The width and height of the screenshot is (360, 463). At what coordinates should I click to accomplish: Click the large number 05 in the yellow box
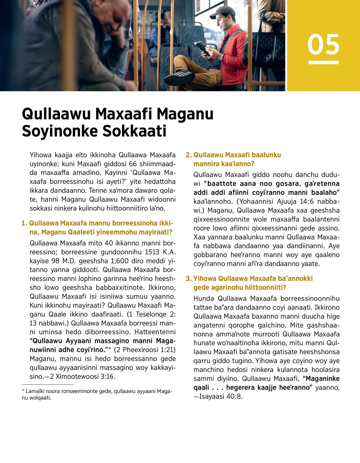pyautogui.click(x=323, y=44)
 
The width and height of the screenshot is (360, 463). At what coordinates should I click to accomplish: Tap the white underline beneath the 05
pyautogui.click(x=323, y=62)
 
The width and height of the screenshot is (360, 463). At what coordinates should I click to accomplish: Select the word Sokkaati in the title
pyautogui.click(x=134, y=131)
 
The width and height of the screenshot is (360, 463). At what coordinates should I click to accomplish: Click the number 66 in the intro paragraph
pyautogui.click(x=133, y=164)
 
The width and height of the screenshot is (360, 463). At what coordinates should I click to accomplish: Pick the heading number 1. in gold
pyautogui.click(x=24, y=223)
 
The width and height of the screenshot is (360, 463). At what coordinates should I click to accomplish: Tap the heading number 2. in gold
pyautogui.click(x=188, y=155)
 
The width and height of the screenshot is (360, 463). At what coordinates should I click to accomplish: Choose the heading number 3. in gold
pyautogui.click(x=188, y=279)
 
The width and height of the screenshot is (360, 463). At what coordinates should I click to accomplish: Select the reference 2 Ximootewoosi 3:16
pyautogui.click(x=82, y=377)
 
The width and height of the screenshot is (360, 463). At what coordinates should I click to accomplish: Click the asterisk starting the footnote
pyautogui.click(x=23, y=391)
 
